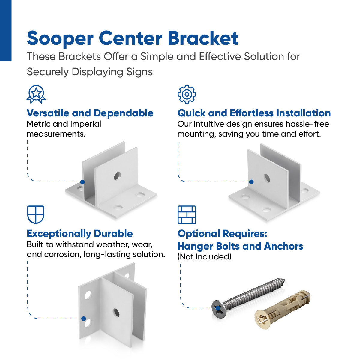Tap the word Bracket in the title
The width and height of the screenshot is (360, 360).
tap(203, 38)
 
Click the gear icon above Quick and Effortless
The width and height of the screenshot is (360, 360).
tap(187, 94)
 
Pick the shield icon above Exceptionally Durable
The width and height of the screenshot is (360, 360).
tap(36, 214)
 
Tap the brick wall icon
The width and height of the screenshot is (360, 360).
tap(187, 214)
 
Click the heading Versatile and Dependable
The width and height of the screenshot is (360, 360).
tap(90, 113)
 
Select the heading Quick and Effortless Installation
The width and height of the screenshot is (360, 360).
tap(254, 113)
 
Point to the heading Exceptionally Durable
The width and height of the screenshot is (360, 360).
tap(80, 234)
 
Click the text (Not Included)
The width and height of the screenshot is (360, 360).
tap(205, 257)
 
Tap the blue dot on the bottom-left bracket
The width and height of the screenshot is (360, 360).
tap(84, 319)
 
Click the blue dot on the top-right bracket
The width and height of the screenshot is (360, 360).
tap(251, 182)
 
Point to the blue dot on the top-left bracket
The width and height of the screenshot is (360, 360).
tap(82, 182)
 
